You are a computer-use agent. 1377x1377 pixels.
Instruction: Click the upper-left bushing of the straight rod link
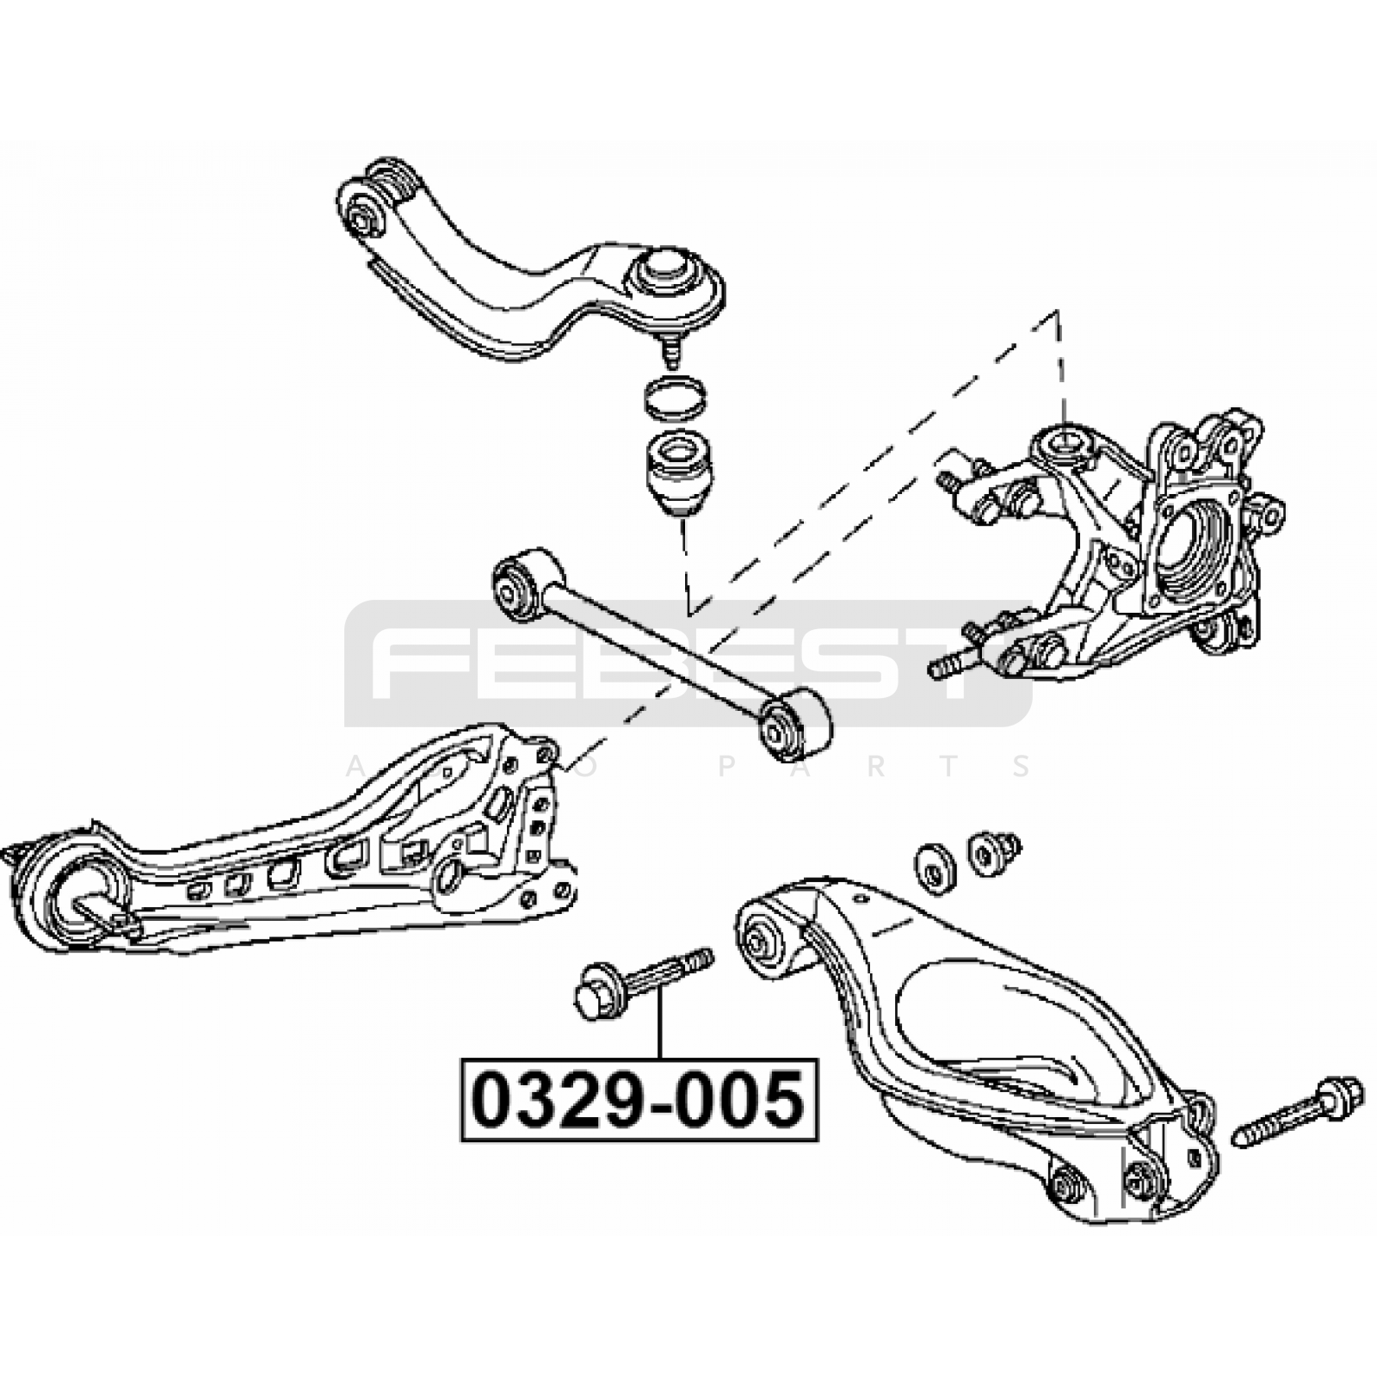(526, 584)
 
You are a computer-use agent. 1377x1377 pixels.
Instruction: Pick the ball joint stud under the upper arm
(670, 347)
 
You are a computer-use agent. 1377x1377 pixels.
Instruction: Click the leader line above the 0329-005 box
(660, 1024)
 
